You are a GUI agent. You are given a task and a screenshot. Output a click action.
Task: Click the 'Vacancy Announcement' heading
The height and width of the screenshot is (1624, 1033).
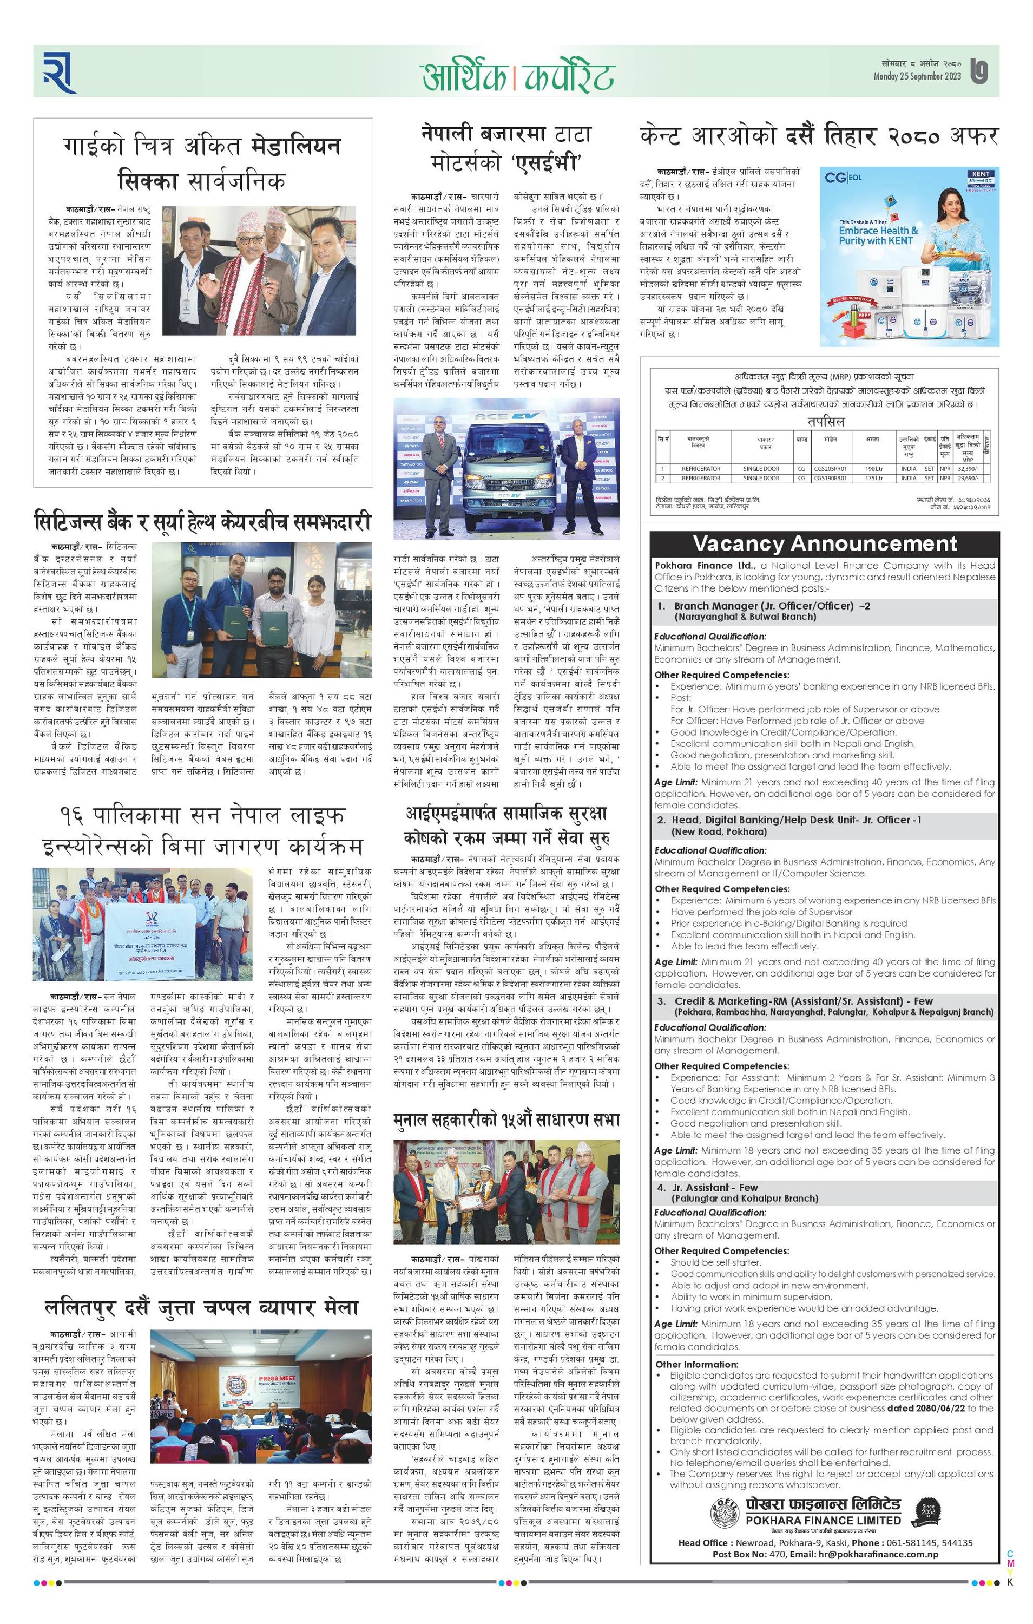tap(825, 543)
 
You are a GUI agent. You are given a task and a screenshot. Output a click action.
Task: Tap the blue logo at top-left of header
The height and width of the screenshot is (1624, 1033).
tap(60, 71)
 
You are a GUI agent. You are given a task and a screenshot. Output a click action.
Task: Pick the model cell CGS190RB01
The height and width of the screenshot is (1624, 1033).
tap(830, 478)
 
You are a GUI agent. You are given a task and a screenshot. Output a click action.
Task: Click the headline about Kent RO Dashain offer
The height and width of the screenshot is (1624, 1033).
tap(818, 137)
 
